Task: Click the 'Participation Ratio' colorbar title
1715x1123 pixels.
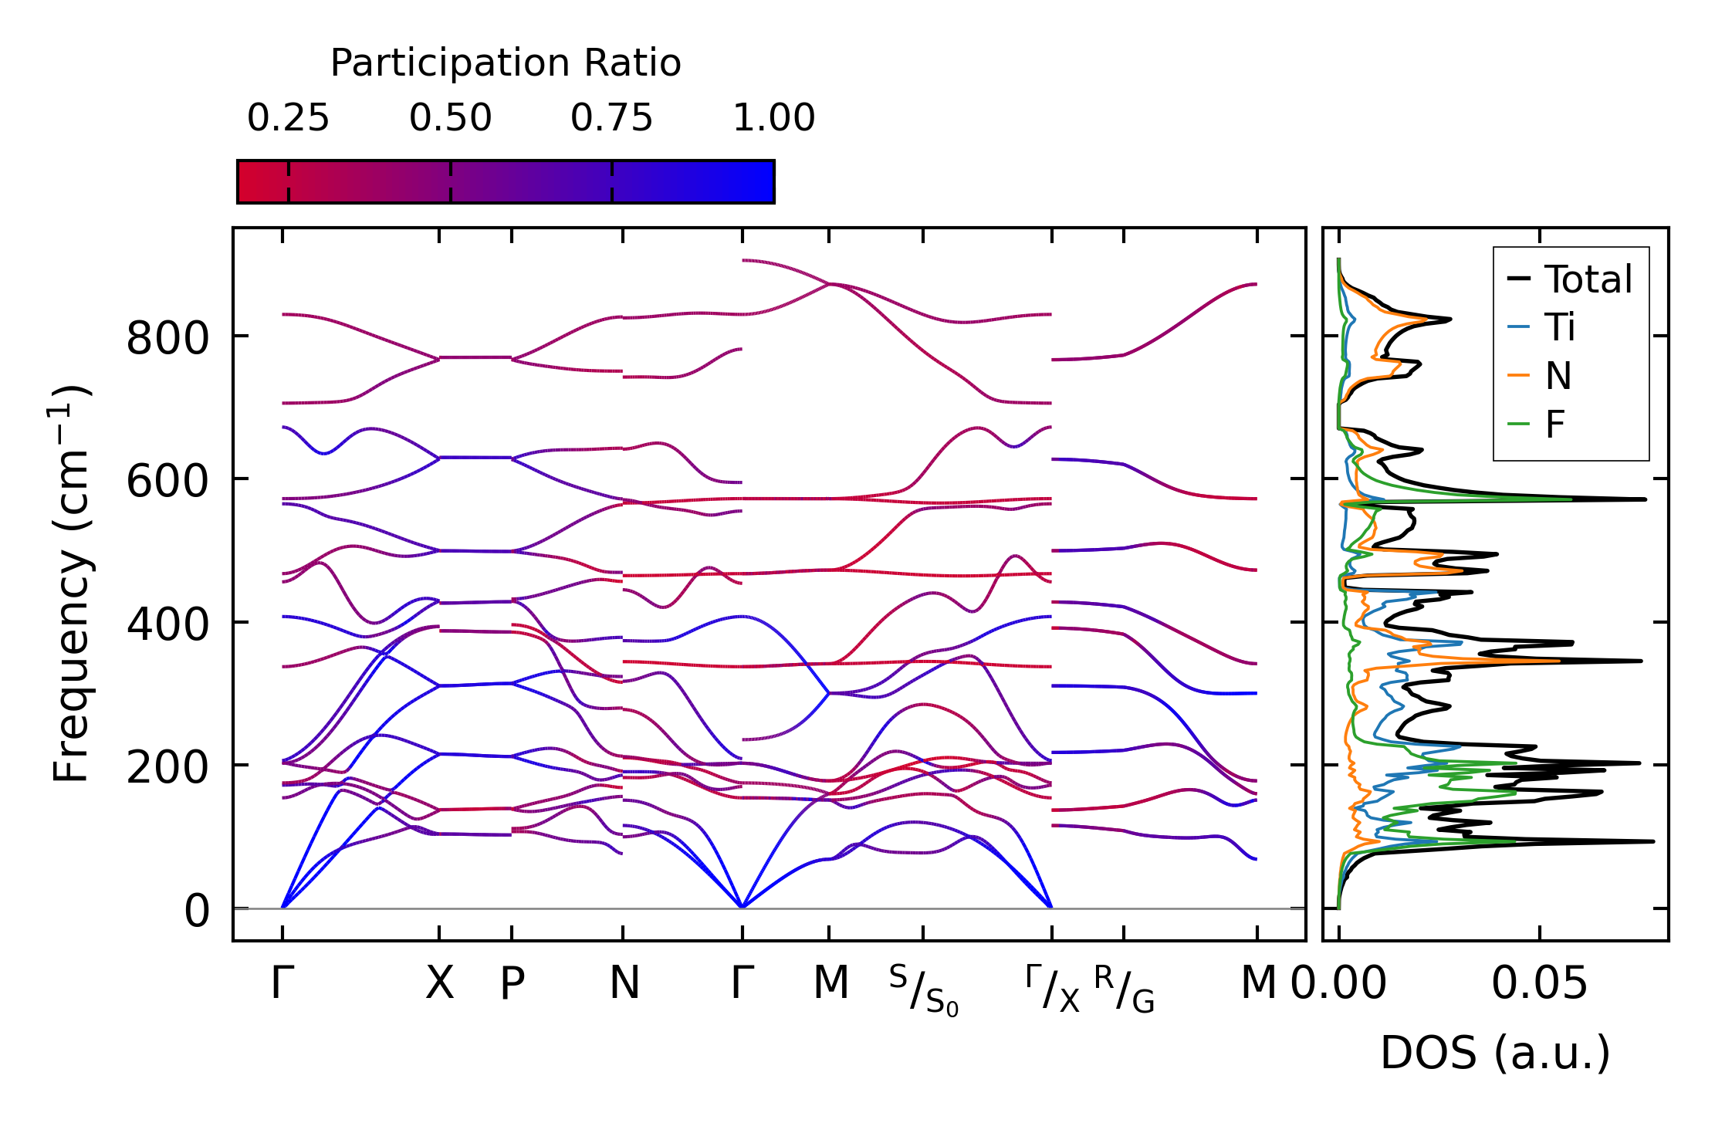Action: [506, 63]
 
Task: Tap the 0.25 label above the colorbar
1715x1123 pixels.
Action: [288, 119]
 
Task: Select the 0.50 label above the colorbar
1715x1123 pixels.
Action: [450, 119]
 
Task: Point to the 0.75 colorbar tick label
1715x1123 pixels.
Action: [611, 119]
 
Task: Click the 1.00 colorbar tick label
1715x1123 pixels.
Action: [773, 119]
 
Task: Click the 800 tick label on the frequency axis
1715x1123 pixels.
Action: [167, 338]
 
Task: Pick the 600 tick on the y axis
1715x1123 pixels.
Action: [167, 482]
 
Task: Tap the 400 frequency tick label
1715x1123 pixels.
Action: [167, 624]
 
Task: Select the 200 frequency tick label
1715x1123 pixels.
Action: [167, 767]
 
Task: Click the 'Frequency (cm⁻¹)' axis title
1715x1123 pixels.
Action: [71, 583]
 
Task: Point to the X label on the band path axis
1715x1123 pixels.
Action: [439, 983]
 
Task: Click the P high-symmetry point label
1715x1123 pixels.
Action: [512, 983]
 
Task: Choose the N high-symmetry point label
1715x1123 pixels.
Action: [624, 983]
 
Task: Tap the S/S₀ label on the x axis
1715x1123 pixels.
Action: [923, 989]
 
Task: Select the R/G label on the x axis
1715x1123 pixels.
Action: [1124, 989]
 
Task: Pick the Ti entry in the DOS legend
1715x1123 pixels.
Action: [1559, 328]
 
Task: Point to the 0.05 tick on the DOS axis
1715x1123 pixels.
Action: [1539, 983]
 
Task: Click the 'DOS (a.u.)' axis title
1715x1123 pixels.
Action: [1495, 1053]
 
